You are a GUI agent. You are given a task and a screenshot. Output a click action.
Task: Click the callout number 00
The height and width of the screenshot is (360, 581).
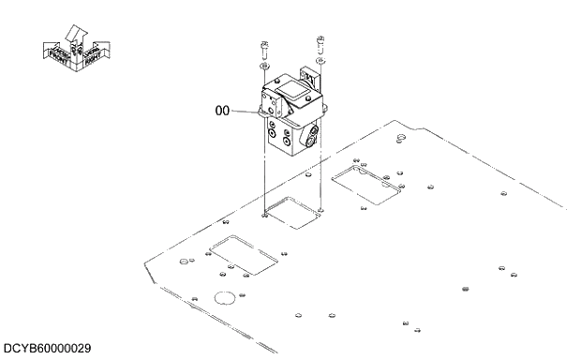(222, 111)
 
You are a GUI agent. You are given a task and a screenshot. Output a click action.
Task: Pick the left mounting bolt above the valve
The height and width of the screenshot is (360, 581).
(266, 48)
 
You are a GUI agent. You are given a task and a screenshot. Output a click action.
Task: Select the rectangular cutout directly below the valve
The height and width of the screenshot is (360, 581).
(296, 212)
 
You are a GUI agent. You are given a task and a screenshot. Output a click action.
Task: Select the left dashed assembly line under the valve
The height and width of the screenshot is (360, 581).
(265, 183)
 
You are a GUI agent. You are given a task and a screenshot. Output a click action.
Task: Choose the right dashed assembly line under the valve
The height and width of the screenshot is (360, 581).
(321, 178)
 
